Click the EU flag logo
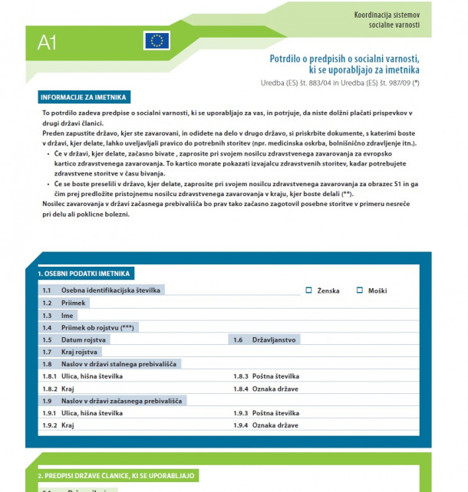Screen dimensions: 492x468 (157, 41)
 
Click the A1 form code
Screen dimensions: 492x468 (47, 43)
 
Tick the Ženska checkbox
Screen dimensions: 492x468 (309, 290)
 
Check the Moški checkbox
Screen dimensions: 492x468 (359, 290)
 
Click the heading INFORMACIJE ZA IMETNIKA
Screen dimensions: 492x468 (84, 97)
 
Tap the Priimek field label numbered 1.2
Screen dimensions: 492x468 (74, 303)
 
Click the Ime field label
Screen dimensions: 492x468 (68, 315)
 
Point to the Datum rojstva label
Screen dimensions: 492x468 (84, 339)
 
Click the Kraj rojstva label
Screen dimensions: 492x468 (80, 352)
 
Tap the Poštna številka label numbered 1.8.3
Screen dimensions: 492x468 (275, 376)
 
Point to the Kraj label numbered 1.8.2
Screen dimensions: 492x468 (68, 389)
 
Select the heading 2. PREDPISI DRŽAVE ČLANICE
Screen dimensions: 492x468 (117, 476)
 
